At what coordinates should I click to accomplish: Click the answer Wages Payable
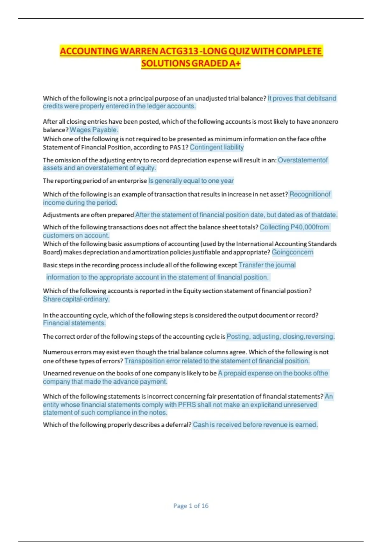coord(94,130)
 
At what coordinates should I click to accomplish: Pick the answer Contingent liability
coord(217,147)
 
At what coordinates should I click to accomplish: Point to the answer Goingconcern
coord(292,252)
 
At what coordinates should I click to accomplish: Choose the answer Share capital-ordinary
coord(76,299)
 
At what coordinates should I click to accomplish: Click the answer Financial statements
coord(74,323)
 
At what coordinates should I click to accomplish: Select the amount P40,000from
coord(310,227)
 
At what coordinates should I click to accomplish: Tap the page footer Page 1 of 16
coord(191,506)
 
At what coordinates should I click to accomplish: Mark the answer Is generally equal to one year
coord(191,181)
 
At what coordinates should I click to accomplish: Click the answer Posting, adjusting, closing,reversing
coord(280,337)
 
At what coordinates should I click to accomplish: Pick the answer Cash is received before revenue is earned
coord(255,425)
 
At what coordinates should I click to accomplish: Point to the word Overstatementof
coord(303,160)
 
